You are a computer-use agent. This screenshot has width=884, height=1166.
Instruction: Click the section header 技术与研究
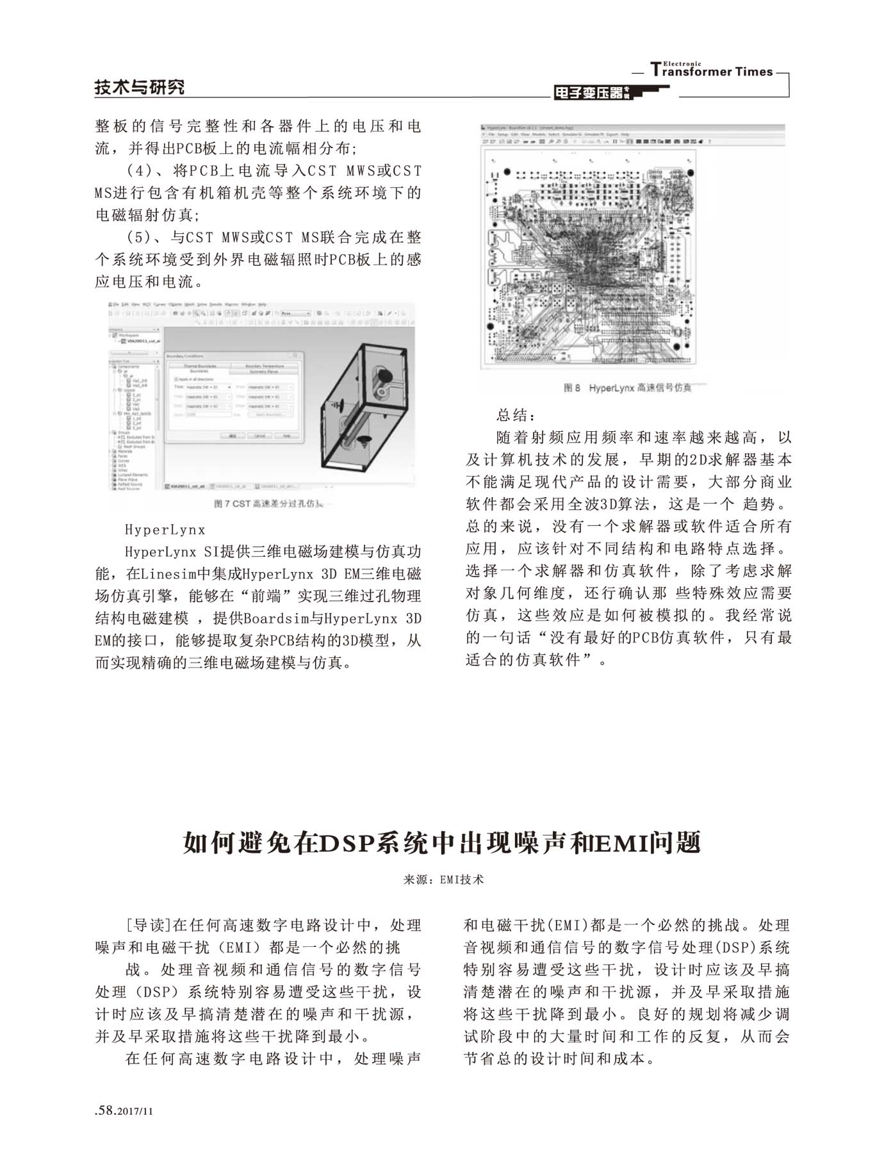139,87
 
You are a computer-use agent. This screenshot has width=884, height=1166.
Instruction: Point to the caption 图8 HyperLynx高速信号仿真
627,388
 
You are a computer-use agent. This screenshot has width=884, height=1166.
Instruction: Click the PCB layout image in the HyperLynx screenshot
589,259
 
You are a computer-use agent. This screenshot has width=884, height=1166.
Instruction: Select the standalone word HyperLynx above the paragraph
165,530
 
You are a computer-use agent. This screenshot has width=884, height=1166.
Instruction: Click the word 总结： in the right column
514,415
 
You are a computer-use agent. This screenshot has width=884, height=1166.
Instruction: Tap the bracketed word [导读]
148,925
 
